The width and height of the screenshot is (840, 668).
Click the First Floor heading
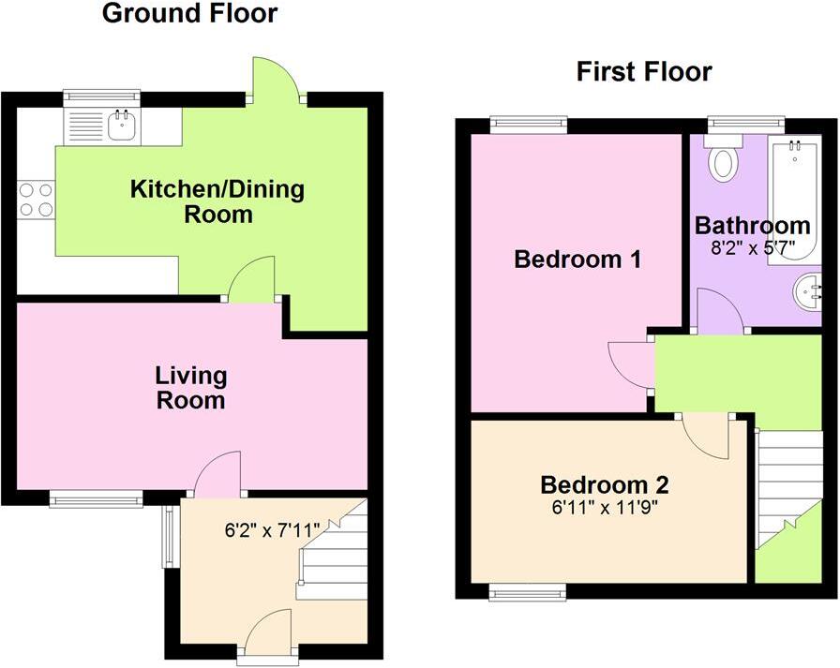(x=644, y=71)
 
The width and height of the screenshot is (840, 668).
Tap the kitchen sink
(x=121, y=124)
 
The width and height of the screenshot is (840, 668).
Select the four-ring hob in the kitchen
(x=36, y=199)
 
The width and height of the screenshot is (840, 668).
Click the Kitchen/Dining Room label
(x=217, y=201)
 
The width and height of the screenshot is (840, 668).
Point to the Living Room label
(x=190, y=388)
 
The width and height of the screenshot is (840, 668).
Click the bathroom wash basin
(x=808, y=291)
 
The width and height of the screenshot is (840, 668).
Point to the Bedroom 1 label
(x=577, y=260)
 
